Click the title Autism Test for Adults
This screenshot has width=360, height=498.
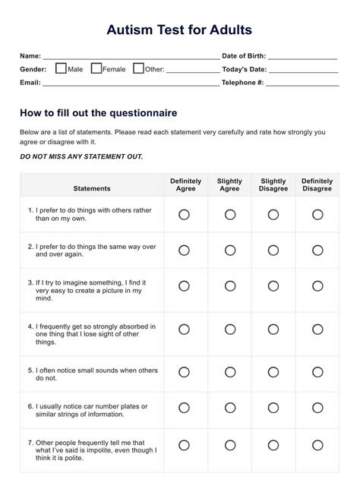(x=179, y=30)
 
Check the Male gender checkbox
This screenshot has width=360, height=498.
(x=61, y=68)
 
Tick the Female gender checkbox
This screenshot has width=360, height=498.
(x=96, y=68)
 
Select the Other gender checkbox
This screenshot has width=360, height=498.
(x=138, y=68)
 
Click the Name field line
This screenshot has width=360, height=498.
(x=131, y=57)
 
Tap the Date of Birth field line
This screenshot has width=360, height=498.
(x=302, y=57)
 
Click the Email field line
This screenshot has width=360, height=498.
(x=131, y=83)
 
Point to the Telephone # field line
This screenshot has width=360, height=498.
(x=302, y=83)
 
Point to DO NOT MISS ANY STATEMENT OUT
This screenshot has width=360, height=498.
(x=81, y=156)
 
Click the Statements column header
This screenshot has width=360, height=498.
(x=92, y=188)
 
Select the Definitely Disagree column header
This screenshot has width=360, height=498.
(x=317, y=184)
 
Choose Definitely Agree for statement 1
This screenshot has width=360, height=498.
(x=184, y=215)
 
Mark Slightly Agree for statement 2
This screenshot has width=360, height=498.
(x=230, y=250)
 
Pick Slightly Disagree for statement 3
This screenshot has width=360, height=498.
(x=273, y=285)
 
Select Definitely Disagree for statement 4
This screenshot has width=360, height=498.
(x=317, y=329)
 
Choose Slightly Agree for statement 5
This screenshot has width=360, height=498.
(x=230, y=372)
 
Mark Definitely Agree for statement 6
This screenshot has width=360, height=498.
(x=184, y=408)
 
